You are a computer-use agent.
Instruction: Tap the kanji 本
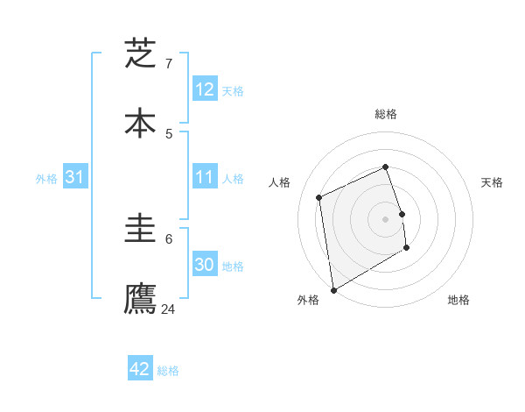140,123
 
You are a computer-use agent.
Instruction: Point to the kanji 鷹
140,298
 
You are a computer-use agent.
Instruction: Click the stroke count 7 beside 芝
169,63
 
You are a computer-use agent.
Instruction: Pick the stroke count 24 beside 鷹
169,309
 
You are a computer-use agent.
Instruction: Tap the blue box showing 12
205,89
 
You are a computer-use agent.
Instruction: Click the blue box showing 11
205,177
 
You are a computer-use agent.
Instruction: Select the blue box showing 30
205,265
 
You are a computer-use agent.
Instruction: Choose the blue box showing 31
75,177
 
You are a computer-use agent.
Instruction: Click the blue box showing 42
140,369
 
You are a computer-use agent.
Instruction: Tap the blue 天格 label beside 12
233,90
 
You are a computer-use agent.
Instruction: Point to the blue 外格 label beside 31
46,178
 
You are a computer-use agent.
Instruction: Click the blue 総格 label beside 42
168,370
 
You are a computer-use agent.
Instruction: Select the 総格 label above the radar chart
386,114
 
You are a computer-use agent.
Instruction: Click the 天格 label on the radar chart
493,182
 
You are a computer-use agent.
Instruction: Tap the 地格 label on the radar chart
458,300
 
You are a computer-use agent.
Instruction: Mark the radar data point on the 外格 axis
333,289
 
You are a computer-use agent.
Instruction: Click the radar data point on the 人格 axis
319,197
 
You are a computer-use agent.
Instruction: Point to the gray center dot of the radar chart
386,218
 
